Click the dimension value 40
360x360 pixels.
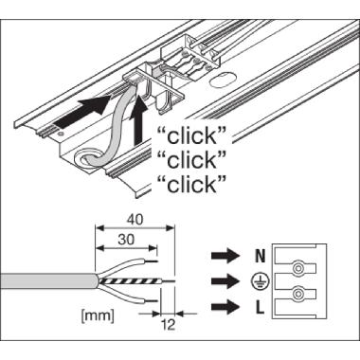(x=135, y=220)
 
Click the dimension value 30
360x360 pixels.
(x=126, y=240)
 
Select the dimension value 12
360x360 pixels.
(x=169, y=325)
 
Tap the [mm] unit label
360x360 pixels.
(x=98, y=316)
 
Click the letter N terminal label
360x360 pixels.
(x=260, y=256)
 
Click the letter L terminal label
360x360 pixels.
(x=260, y=308)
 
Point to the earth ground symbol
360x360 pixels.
(x=260, y=281)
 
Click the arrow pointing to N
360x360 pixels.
(x=225, y=256)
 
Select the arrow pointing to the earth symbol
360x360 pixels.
(x=225, y=281)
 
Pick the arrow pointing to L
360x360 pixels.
(x=225, y=307)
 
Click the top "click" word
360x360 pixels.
(x=192, y=136)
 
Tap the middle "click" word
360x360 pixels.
(x=192, y=160)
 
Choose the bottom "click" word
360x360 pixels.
(x=192, y=185)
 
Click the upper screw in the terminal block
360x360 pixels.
(x=297, y=269)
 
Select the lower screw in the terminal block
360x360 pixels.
(x=297, y=295)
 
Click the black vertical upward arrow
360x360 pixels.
(x=138, y=120)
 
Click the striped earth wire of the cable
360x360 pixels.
(x=131, y=280)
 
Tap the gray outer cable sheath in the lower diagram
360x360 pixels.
(x=50, y=280)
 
